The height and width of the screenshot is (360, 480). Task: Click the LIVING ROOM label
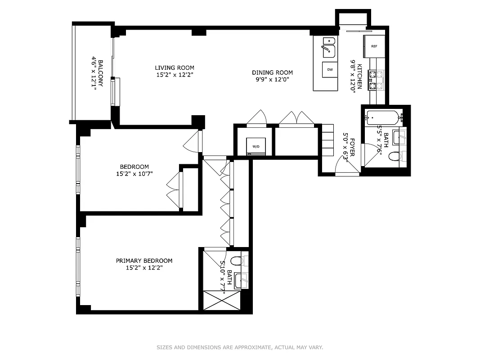[x=175, y=68]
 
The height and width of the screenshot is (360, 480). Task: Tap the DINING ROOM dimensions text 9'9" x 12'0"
[x=272, y=79]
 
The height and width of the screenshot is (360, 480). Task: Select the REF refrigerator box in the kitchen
[x=374, y=46]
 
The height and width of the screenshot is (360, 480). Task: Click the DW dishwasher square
[x=329, y=69]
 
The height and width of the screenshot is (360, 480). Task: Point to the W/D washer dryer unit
[x=256, y=146]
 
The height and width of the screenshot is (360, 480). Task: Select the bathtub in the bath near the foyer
[x=382, y=118]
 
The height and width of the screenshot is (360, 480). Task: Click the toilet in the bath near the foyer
[x=395, y=157]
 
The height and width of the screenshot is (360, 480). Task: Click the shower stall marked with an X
[x=222, y=300]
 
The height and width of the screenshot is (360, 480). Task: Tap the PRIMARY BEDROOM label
[x=144, y=261]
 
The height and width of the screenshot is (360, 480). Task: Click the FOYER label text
[x=352, y=147]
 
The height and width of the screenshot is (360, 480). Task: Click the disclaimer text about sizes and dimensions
[x=240, y=347]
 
